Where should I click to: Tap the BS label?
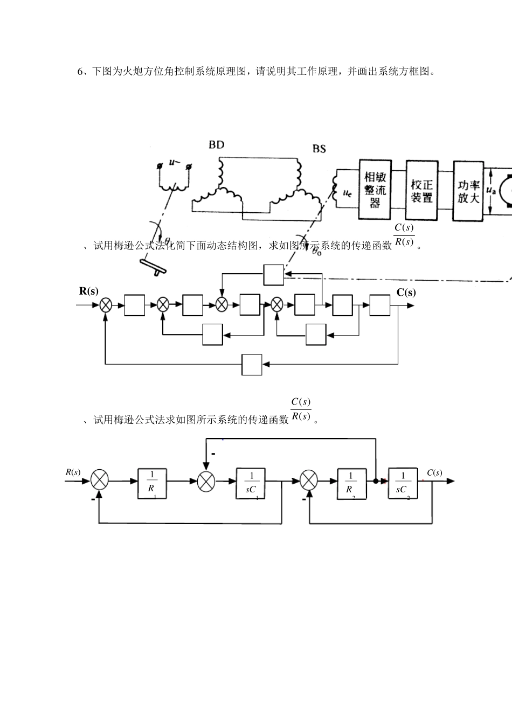click(319, 148)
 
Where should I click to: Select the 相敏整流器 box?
click(375, 190)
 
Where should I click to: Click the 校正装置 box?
click(421, 190)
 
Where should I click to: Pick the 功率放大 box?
click(468, 190)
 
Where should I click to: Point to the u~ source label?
click(174, 162)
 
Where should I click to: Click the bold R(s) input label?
click(89, 291)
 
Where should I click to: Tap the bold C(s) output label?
click(406, 293)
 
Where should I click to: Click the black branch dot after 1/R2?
click(375, 480)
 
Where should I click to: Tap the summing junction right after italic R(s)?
click(100, 480)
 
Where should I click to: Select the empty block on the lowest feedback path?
click(252, 365)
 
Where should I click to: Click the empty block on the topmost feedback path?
click(273, 275)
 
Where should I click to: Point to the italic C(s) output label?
click(434, 472)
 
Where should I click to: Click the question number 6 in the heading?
click(81, 72)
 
